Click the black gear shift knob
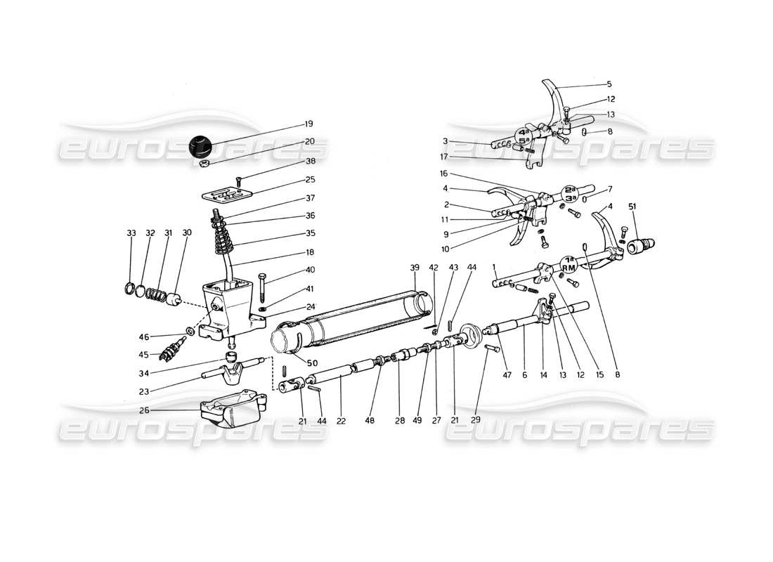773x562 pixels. click(201, 146)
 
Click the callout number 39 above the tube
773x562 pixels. click(414, 268)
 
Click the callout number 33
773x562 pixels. click(131, 233)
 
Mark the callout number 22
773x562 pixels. click(342, 421)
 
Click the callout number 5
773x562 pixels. click(609, 84)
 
